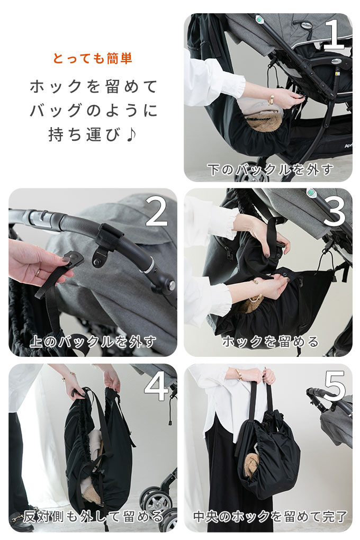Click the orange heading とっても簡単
93,59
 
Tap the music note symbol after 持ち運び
131,134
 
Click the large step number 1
334,34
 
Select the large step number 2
157,211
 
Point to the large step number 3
334,211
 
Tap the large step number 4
157,386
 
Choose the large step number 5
334,386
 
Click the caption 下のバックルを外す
271,170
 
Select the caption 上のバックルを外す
93,342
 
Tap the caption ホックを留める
271,342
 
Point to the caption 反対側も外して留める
93,517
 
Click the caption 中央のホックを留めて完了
271,517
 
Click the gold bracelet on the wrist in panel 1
271,100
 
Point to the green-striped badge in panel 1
260,19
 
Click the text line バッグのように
94,111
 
